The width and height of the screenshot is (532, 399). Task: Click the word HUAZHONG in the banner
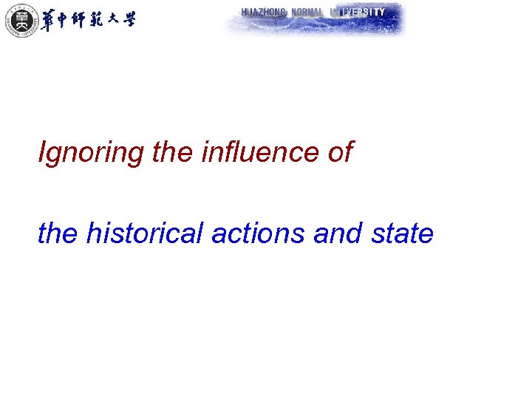(x=264, y=12)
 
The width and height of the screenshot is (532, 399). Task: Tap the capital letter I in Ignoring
(x=42, y=153)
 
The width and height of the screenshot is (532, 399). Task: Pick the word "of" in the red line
(x=340, y=153)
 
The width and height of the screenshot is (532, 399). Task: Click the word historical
(x=145, y=233)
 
